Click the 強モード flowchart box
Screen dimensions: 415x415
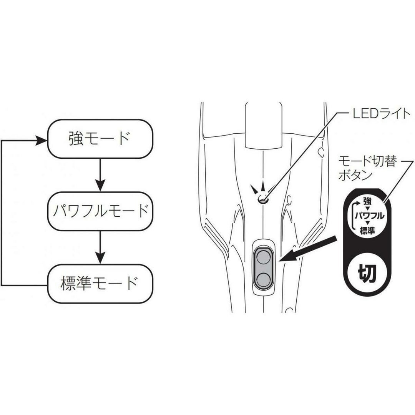(100, 139)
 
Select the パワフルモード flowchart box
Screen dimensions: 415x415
(100, 211)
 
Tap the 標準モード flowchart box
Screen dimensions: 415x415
(100, 284)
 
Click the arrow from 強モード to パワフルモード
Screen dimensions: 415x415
(100, 175)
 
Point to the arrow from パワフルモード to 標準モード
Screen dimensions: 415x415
(100, 247)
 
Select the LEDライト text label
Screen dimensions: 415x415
(382, 114)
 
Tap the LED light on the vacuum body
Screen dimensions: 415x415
(263, 199)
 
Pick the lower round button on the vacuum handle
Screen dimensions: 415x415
(263, 279)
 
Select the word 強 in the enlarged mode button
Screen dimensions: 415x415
(367, 201)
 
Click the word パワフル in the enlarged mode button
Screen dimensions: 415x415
(370, 216)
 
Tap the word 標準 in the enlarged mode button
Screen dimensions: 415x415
(367, 231)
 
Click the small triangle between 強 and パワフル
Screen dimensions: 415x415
(367, 209)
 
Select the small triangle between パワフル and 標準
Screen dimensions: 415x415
(367, 224)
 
